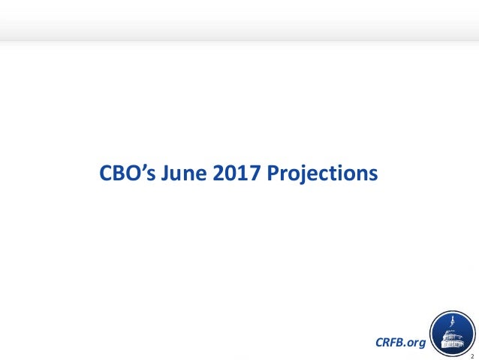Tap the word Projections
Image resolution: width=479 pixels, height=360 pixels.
(x=320, y=174)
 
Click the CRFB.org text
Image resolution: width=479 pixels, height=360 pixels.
(x=399, y=342)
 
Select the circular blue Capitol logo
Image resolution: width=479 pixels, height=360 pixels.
(x=450, y=331)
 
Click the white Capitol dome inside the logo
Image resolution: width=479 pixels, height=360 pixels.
(x=450, y=331)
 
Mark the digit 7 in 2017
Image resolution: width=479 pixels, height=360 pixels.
(x=250, y=174)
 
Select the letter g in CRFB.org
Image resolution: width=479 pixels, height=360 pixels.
(x=421, y=343)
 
